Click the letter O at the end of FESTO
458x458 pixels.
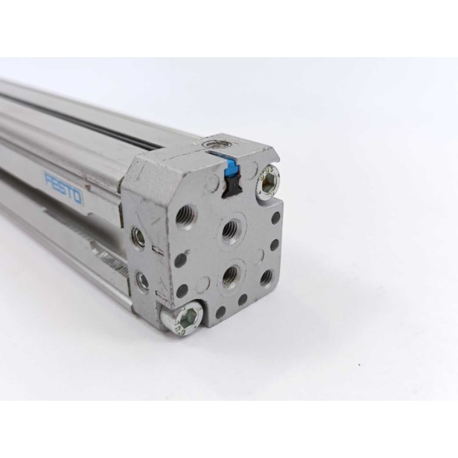click(79, 198)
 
